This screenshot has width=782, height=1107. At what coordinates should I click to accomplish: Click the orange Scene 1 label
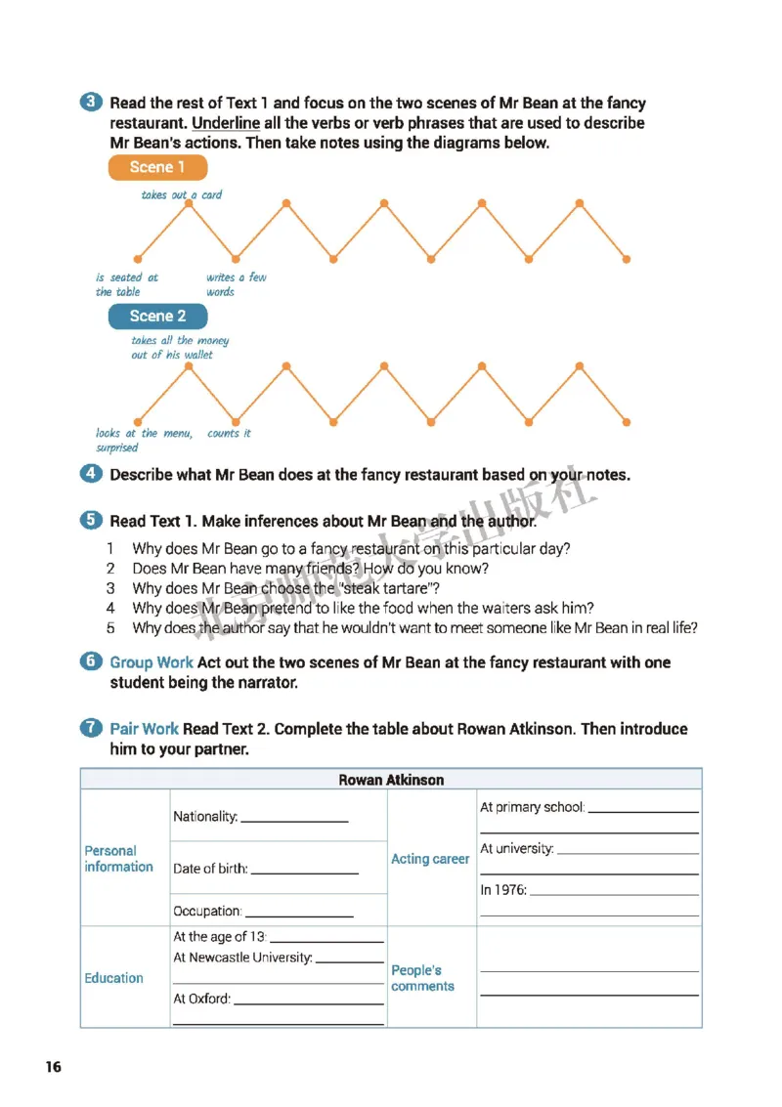coord(157,167)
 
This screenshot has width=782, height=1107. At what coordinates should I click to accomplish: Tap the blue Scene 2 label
coord(157,316)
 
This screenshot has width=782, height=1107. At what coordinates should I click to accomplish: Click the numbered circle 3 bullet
coord(91,103)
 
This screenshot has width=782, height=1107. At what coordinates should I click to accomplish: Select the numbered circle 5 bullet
coord(91,521)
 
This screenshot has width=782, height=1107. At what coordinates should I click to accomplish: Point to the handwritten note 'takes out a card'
coord(181,194)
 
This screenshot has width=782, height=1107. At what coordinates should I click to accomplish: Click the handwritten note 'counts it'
coord(229,433)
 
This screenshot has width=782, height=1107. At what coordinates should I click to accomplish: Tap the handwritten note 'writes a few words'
coord(236,284)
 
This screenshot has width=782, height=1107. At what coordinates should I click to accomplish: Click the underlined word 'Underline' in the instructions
coord(226,123)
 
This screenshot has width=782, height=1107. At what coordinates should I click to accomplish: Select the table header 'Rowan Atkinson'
coord(391,780)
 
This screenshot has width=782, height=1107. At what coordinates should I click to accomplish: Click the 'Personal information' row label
coord(118,859)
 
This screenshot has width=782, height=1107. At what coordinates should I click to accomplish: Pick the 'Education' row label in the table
coord(113,978)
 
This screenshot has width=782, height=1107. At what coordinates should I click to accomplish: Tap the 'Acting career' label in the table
coord(430,859)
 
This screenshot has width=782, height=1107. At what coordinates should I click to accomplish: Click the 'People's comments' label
coord(422,978)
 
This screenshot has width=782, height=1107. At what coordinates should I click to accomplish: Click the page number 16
coord(53,1067)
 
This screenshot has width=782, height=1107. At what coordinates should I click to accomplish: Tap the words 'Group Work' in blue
coord(151,662)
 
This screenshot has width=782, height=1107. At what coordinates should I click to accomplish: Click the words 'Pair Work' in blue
coord(144,729)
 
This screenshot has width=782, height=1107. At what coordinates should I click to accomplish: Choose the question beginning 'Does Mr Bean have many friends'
coord(310,568)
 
